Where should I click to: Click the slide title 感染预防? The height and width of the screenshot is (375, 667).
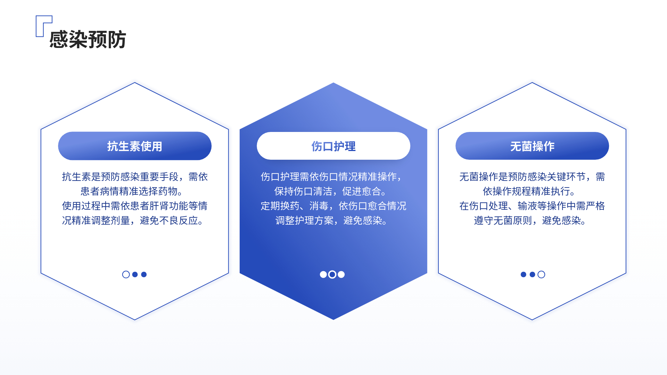click(88, 39)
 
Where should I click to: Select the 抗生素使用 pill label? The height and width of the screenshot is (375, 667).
click(135, 146)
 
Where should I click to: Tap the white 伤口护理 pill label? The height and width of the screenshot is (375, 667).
click(333, 146)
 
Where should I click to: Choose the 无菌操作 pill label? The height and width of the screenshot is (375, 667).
click(532, 146)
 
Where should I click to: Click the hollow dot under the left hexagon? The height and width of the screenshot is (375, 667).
click(126, 275)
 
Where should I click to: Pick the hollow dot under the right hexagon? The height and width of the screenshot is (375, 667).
click(541, 275)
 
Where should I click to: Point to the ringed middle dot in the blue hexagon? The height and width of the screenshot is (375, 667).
click(332, 275)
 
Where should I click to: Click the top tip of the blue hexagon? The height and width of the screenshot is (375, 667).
click(333, 83)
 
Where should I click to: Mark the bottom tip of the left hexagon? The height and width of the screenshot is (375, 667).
click(135, 319)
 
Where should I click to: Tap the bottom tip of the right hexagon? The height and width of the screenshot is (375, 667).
click(532, 319)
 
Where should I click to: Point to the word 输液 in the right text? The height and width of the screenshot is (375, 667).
click(527, 206)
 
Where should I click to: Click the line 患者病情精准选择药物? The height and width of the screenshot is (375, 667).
click(132, 191)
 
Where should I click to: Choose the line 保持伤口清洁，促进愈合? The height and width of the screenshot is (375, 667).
click(330, 191)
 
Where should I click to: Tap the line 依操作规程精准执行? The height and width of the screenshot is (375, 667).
click(529, 191)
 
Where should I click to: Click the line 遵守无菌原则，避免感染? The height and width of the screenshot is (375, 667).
click(530, 220)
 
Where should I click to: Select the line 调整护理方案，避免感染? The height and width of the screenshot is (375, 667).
click(331, 220)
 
